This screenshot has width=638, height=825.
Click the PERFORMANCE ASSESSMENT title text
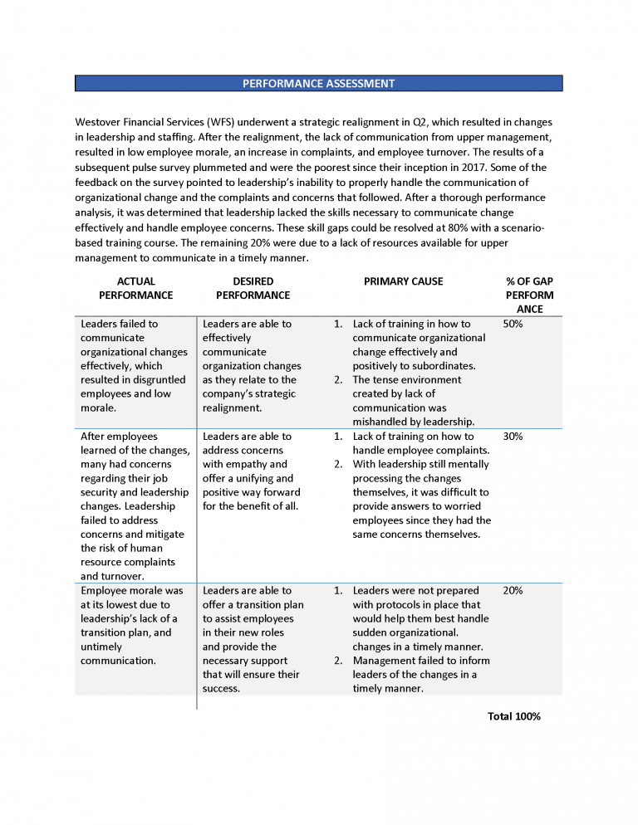(x=318, y=84)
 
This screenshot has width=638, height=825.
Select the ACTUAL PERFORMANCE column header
(x=135, y=288)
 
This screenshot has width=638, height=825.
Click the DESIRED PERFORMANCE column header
(x=253, y=288)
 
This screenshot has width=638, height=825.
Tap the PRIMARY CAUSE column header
(x=403, y=281)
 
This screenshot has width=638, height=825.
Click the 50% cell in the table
(x=513, y=324)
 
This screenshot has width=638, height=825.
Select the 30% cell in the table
(x=513, y=436)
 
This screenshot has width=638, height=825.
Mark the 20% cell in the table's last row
(x=513, y=590)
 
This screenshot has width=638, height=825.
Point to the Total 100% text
(x=513, y=715)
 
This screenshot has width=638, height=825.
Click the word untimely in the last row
(x=101, y=647)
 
